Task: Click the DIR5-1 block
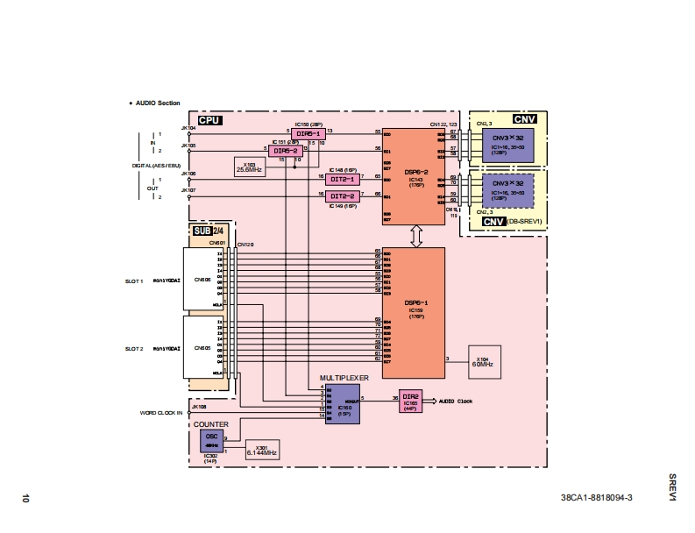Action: (308, 133)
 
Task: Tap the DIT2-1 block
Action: (343, 179)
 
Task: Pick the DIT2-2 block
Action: (343, 195)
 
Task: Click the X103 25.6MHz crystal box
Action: (249, 167)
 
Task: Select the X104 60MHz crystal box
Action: (485, 360)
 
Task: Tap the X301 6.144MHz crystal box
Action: (261, 450)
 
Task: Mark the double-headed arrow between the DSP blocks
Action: (415, 235)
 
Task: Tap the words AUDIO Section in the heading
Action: (157, 103)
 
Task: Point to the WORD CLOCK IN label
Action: (161, 412)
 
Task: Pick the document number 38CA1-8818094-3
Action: (597, 498)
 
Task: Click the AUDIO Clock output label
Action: (457, 401)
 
